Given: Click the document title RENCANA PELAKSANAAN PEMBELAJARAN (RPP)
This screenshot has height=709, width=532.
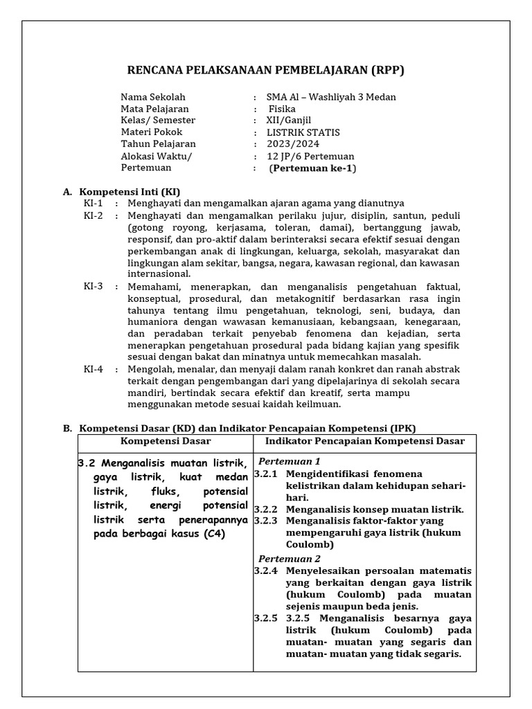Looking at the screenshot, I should [265, 70].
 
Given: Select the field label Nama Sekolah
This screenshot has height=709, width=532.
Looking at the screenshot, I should [153, 97].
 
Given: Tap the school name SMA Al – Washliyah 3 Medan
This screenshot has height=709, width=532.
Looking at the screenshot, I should [331, 97].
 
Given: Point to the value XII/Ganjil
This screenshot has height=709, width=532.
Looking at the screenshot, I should [289, 120].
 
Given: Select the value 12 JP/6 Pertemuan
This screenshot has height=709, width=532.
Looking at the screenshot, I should [310, 156].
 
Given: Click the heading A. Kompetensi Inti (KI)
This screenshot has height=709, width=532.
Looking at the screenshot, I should [122, 191].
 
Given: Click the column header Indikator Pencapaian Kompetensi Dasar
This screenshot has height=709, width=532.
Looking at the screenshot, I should [365, 441].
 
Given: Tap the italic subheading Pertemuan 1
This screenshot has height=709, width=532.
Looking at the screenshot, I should [290, 461].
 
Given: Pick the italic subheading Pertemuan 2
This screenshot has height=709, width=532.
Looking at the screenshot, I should [290, 558].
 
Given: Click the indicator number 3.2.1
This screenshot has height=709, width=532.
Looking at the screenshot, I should [265, 474].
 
